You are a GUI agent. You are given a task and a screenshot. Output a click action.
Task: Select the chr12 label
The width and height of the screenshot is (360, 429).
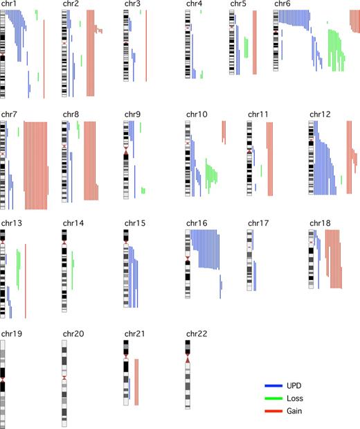tap(321, 114)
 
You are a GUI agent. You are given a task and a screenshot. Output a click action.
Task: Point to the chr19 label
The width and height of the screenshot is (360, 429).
tap(11, 334)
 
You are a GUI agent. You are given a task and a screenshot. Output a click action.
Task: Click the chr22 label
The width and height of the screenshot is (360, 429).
tap(196, 334)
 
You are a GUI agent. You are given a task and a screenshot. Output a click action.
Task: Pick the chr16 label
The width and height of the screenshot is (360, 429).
tap(196, 224)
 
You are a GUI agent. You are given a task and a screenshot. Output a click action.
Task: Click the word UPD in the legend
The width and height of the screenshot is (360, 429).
tap(295, 386)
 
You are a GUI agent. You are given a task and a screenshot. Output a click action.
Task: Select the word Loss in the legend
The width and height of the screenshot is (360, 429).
tap(296, 399)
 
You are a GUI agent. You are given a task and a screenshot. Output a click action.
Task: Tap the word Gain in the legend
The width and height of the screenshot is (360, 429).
tap(296, 411)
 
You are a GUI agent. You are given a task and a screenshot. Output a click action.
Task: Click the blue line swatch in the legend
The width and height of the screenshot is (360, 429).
tap(275, 386)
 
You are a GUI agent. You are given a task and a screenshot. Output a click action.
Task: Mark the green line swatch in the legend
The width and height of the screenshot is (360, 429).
tap(275, 399)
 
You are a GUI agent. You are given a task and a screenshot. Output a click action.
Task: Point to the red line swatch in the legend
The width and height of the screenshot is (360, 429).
tap(275, 411)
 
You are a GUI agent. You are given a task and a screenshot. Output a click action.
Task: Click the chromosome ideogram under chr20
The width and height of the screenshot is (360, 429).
tap(65, 381)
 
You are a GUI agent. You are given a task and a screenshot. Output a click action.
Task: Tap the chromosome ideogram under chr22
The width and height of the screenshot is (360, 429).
tap(188, 374)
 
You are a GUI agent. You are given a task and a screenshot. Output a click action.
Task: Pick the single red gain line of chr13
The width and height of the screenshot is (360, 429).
tap(26, 281)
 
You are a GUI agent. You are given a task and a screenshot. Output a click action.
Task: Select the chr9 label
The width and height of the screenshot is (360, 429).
tap(134, 114)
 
